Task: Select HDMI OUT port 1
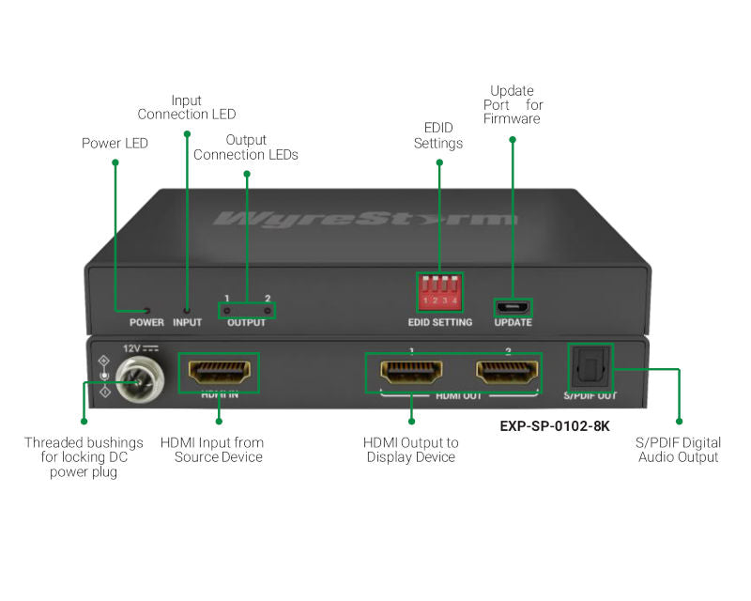[411, 372]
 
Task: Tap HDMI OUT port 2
[507, 372]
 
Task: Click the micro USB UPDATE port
[513, 307]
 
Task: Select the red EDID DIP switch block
[440, 292]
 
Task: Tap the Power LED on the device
[146, 309]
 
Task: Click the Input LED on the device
[187, 309]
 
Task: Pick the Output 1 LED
[228, 310]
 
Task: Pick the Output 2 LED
[267, 310]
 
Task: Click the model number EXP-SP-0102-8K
[555, 425]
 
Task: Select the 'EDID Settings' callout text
[438, 135]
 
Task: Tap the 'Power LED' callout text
[115, 144]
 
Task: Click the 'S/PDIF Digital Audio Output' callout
[678, 449]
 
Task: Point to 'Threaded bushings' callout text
[84, 456]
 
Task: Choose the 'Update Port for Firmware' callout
[512, 105]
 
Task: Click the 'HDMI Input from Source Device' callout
[212, 449]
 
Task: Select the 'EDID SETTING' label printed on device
[440, 323]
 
